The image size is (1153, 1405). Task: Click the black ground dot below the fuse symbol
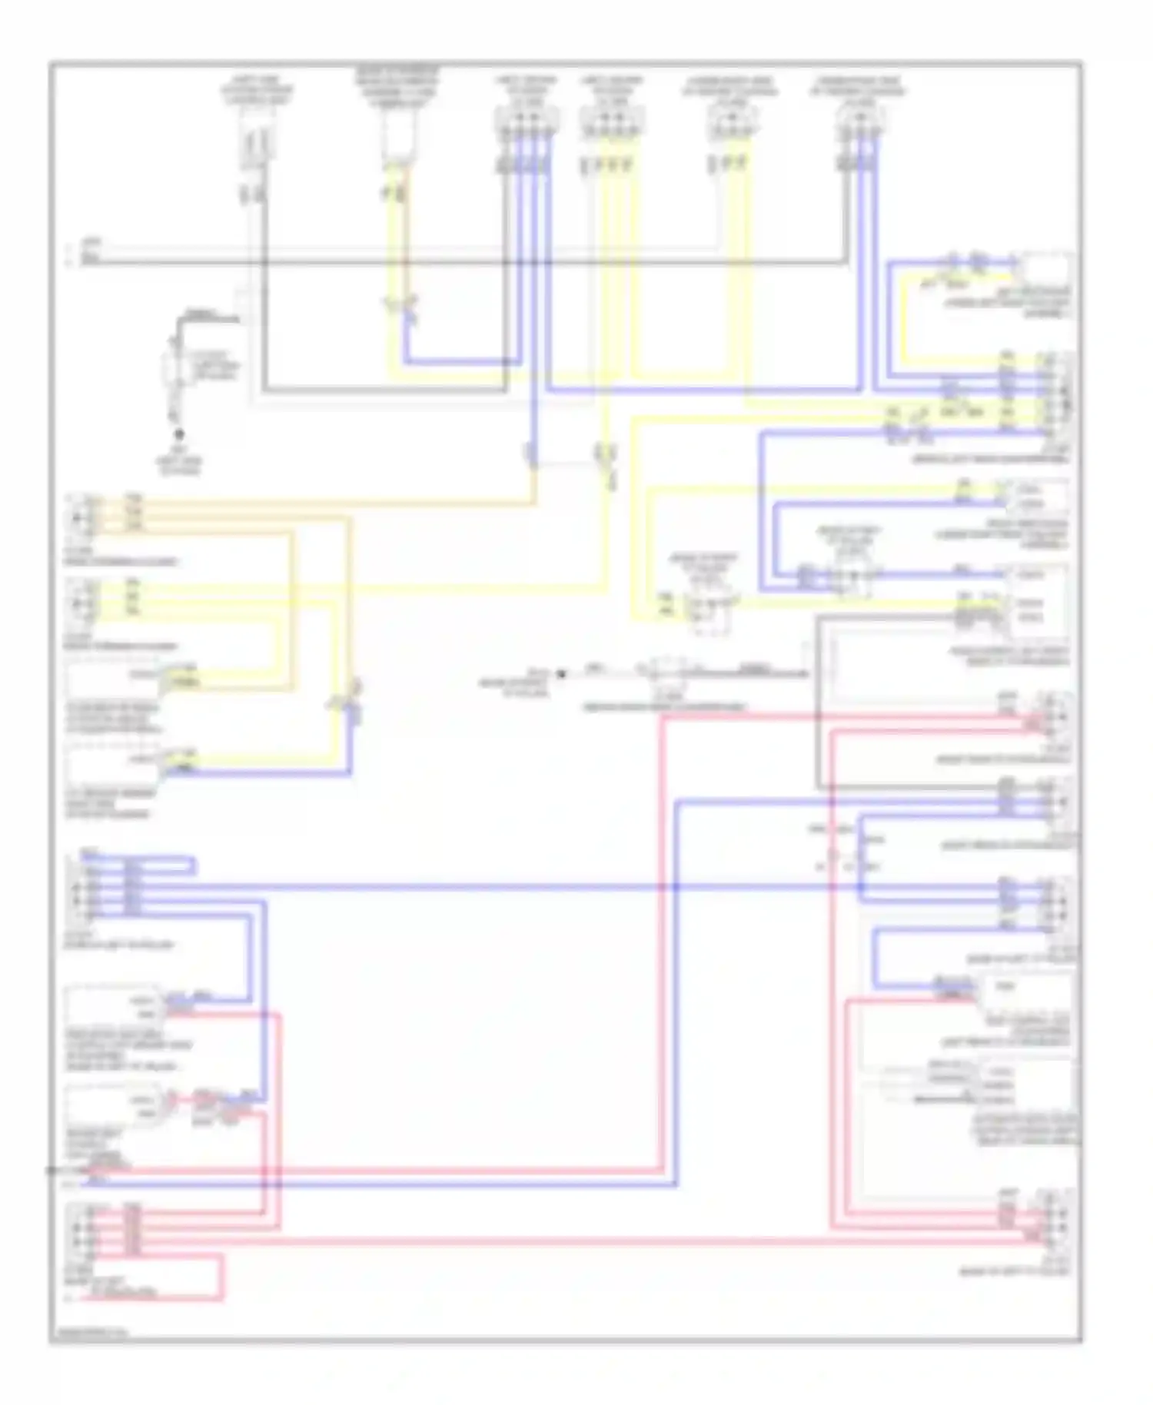pos(179,434)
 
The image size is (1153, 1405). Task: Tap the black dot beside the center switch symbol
pos(561,674)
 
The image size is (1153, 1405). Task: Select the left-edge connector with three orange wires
pos(80,514)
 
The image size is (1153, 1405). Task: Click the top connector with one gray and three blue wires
pos(526,123)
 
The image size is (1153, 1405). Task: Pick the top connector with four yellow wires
pos(611,123)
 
